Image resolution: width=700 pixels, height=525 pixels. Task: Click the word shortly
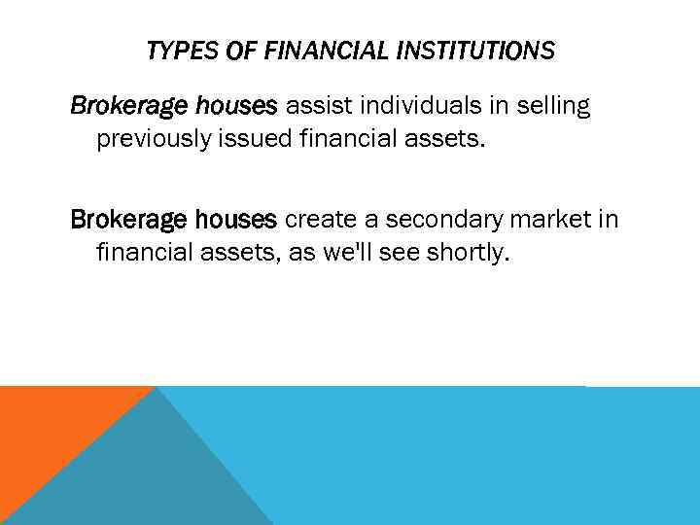[470, 255]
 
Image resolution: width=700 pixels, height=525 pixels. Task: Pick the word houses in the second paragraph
[237, 220]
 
